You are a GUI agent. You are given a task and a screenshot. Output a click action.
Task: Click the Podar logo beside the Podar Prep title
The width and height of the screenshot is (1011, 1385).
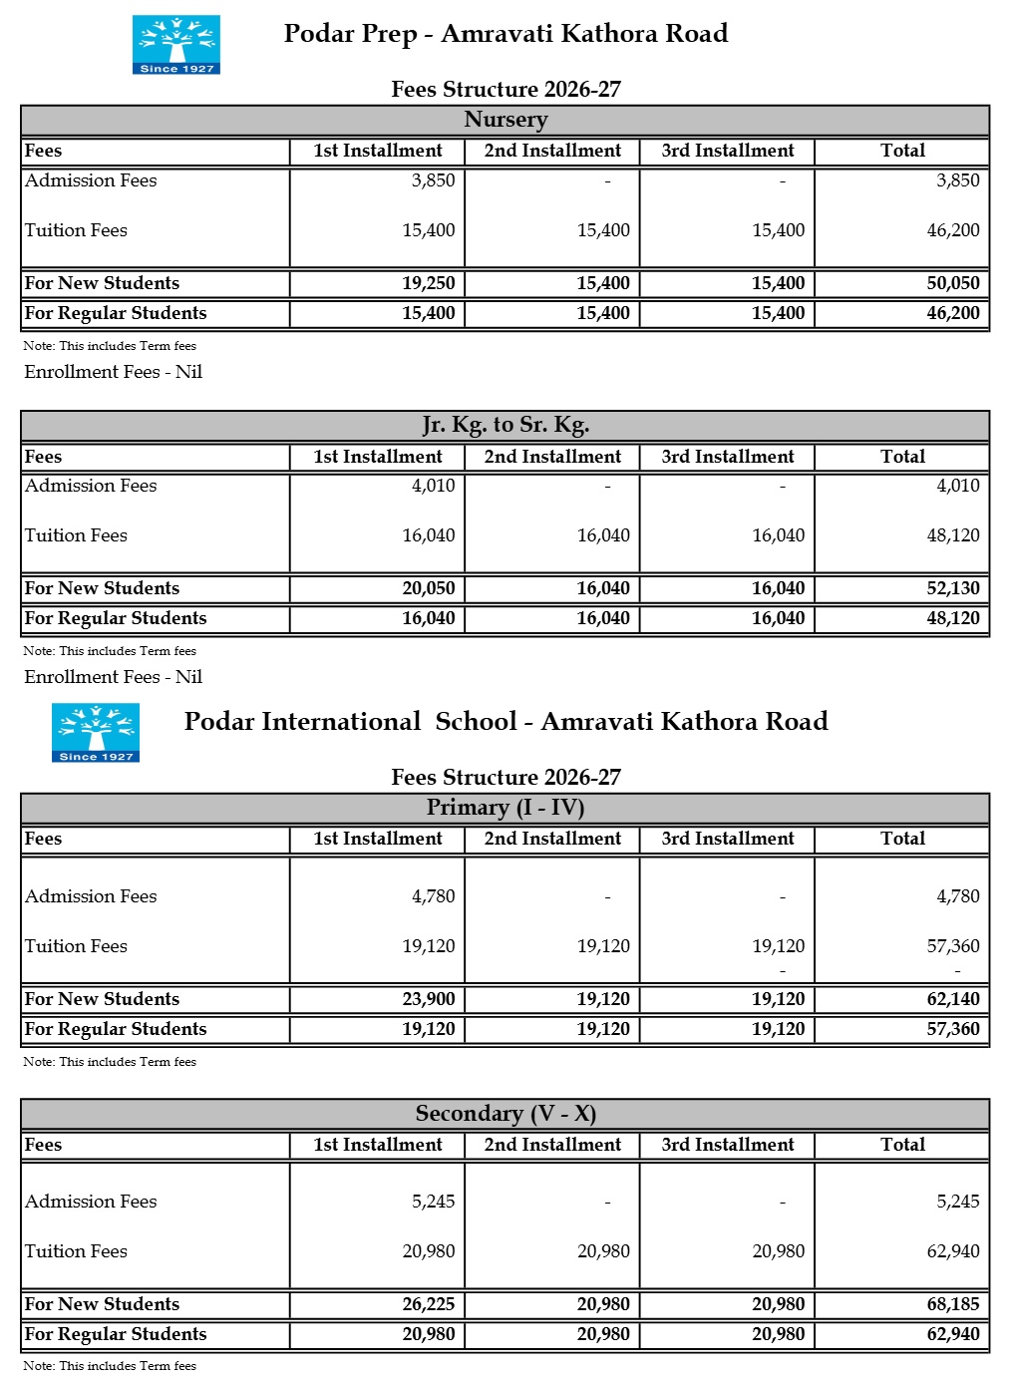[176, 44]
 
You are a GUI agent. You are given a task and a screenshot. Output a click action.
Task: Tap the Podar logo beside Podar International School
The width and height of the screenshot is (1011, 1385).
[96, 732]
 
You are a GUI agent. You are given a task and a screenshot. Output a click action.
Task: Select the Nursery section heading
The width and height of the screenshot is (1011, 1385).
[505, 120]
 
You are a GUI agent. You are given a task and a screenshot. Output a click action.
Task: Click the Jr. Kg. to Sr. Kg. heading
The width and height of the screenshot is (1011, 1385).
[505, 425]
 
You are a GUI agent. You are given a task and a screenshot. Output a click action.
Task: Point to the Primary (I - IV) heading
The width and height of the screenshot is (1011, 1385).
[505, 808]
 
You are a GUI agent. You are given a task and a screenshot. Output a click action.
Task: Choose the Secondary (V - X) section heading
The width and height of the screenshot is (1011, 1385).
[505, 1114]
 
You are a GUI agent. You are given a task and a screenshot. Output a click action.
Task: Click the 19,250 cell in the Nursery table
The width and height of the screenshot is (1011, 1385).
[429, 283]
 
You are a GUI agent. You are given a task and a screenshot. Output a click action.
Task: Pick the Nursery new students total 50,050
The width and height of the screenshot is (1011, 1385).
[953, 283]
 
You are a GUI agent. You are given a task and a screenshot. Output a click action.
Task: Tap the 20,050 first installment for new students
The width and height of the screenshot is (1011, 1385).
[429, 588]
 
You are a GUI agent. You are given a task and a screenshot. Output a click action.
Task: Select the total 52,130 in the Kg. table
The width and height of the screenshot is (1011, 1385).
[953, 588]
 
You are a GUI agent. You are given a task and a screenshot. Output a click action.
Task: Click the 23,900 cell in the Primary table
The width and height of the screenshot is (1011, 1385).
[429, 999]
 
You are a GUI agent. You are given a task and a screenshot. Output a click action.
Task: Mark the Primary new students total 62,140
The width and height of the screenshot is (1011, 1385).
[953, 999]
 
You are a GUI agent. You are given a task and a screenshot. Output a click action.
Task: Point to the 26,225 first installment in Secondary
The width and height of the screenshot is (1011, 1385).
[429, 1304]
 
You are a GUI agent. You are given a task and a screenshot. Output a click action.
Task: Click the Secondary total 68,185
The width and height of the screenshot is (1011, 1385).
[953, 1304]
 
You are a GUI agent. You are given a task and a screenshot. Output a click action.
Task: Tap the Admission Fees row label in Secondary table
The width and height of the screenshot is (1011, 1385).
[91, 1202]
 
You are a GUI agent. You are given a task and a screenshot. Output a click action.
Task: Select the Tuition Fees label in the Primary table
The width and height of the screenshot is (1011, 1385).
[76, 946]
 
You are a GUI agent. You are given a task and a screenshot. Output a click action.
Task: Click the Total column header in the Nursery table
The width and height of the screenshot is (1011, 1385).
[902, 151]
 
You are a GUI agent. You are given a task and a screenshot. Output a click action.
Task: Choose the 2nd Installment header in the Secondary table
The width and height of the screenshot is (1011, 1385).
[552, 1145]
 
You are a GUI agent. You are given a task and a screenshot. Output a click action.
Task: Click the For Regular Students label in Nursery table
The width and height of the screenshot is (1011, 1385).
[116, 313]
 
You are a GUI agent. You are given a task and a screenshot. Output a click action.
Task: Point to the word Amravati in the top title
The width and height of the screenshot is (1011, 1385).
[498, 34]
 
